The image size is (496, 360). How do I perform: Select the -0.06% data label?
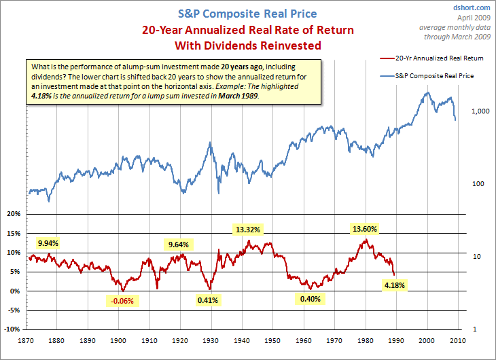tap(122, 300)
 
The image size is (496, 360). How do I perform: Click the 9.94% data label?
tap(48, 242)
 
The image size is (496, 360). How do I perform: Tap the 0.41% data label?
tap(207, 300)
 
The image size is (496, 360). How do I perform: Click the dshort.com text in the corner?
tap(471, 7)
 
